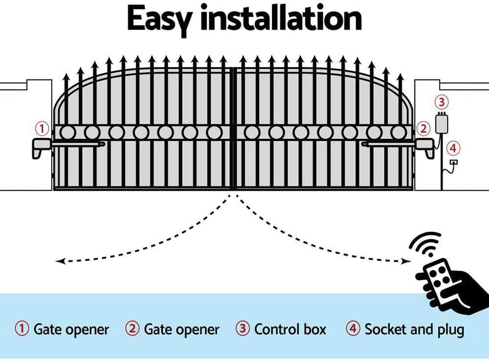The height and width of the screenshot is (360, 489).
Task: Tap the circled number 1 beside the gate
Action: coord(42,129)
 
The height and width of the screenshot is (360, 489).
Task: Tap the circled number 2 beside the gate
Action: coord(422,129)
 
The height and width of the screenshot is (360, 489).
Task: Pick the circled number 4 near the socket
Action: coord(453,148)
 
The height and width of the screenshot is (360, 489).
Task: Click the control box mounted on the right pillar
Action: coord(442,124)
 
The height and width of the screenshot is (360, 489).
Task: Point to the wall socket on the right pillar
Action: coord(454,162)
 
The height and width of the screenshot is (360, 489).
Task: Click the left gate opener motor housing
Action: coord(41,146)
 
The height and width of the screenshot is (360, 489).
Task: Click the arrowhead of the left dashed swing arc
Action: coord(59,261)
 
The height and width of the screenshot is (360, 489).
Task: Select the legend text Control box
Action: coord(290,329)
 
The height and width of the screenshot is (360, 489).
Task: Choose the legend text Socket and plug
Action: coord(414,329)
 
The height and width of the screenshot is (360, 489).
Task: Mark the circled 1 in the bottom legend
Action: coord(22,329)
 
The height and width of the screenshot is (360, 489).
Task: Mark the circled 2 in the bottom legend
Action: coord(132,329)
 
